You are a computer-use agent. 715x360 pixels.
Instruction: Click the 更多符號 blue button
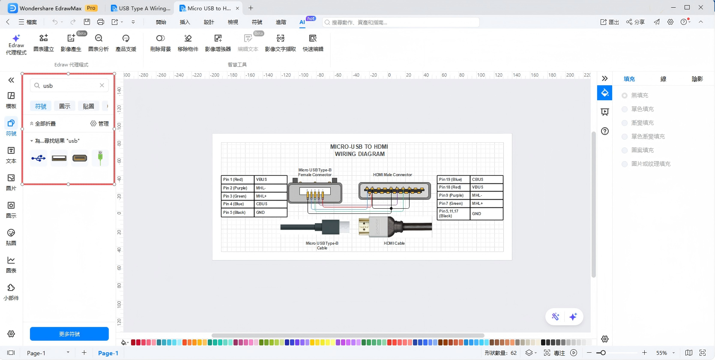click(x=69, y=334)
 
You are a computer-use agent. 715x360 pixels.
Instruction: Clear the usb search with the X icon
click(x=102, y=85)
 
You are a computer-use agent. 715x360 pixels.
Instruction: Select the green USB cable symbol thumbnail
click(x=100, y=158)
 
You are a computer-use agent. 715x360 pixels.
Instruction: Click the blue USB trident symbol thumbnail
click(x=38, y=158)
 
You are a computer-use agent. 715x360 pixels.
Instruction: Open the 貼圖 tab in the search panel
click(x=88, y=106)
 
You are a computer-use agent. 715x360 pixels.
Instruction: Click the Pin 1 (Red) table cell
click(x=237, y=180)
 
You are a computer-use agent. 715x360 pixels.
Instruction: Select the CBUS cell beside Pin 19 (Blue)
click(x=486, y=180)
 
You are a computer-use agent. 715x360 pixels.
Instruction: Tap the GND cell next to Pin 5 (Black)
click(x=270, y=213)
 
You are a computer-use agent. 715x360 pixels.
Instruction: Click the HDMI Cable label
click(x=394, y=243)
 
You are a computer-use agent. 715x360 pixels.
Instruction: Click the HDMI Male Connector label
click(x=392, y=175)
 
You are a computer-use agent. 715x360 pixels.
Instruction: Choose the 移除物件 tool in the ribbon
click(x=188, y=43)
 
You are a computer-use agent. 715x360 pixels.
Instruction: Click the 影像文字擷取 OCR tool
click(x=280, y=43)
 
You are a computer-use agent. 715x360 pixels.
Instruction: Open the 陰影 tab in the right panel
click(x=697, y=79)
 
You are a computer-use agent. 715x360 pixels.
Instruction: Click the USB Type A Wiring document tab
click(x=141, y=8)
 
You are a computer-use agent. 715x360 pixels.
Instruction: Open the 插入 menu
click(x=185, y=22)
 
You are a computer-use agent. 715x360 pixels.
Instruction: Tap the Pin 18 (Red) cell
click(x=453, y=187)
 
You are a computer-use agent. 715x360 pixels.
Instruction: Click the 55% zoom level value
click(x=661, y=353)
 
